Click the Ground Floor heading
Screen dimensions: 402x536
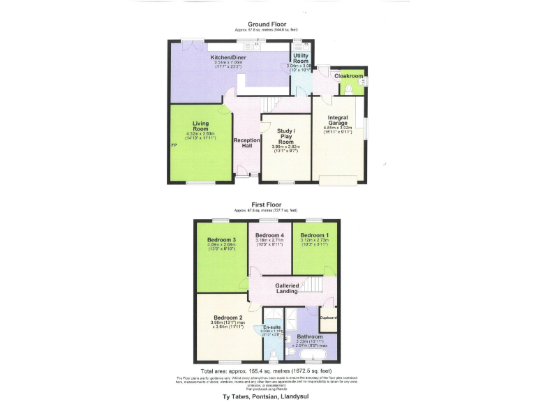(x=267, y=24)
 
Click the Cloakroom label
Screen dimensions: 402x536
(x=347, y=75)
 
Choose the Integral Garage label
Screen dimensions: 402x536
(x=337, y=119)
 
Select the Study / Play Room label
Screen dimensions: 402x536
(x=285, y=136)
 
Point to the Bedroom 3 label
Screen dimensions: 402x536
(x=221, y=240)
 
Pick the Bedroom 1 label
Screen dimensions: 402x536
(x=313, y=235)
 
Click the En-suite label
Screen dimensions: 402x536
(x=271, y=327)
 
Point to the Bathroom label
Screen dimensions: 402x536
(x=309, y=336)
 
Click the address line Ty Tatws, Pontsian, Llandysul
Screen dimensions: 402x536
(x=267, y=396)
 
